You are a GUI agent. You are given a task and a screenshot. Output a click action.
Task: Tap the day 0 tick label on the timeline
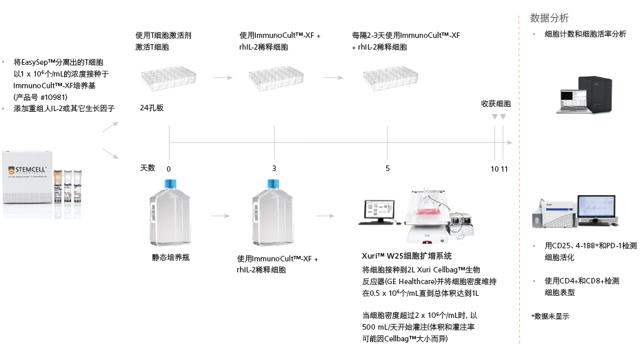click(x=168, y=168)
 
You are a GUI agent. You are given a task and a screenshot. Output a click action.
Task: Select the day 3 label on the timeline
click(x=274, y=168)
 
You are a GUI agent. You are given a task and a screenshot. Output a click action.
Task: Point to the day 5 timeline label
click(x=388, y=168)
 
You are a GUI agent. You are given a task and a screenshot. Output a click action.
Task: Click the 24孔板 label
click(x=151, y=108)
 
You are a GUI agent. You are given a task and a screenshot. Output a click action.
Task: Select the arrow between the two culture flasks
click(x=221, y=215)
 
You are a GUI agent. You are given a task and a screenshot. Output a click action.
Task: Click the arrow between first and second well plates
click(x=222, y=78)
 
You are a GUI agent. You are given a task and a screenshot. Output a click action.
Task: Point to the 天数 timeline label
click(x=148, y=168)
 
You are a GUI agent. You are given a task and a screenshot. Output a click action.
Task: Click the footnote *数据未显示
click(x=550, y=316)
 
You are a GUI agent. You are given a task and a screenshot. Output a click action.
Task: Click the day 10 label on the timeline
click(x=494, y=168)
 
